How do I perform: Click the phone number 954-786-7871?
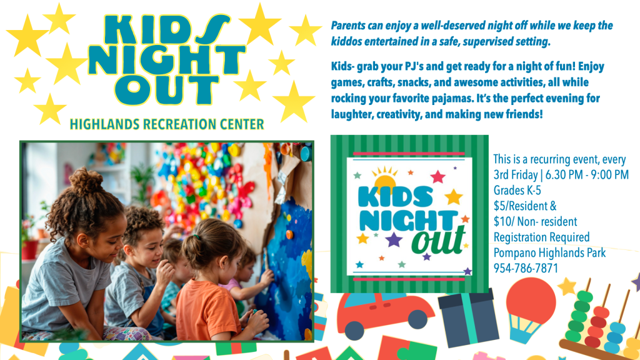[x=526, y=268]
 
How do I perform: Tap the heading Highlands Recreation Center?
[x=167, y=124]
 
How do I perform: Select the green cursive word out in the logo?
[x=439, y=241]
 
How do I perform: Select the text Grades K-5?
[x=517, y=190]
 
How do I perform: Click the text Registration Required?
[x=542, y=237]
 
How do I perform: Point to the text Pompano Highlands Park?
[x=550, y=252]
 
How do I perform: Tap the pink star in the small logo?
[x=437, y=177]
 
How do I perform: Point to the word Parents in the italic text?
[x=348, y=26]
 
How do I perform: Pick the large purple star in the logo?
[x=394, y=239]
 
